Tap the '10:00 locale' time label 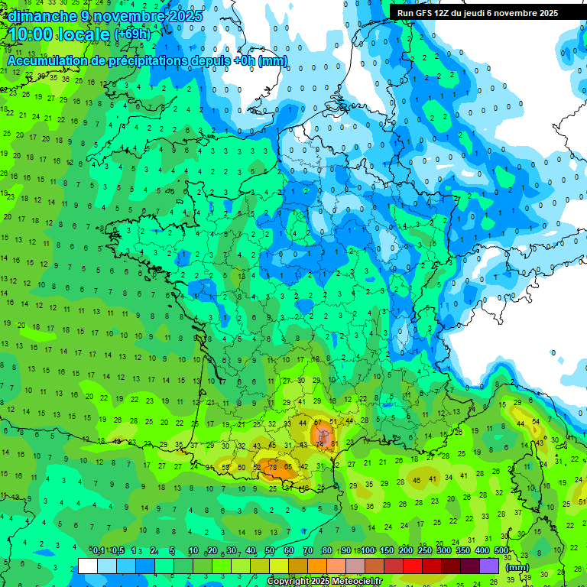point(60,34)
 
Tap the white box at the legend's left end point(88,566)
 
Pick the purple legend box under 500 point(489,566)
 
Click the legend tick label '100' point(368,551)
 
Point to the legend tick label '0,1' point(99,551)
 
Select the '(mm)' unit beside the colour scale point(517,567)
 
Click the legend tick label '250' point(424,551)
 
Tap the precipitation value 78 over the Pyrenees point(273,467)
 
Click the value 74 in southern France point(319,445)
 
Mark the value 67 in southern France point(317,423)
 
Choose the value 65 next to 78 point(288,466)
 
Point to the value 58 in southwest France point(225,467)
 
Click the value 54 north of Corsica point(536,422)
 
